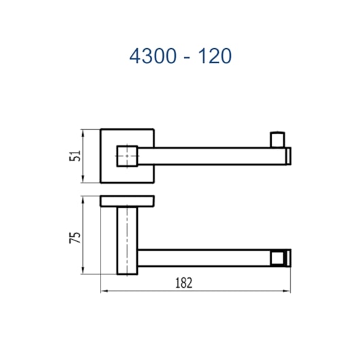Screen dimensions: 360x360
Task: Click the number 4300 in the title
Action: [153, 56]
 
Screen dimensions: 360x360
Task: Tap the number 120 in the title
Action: [215, 56]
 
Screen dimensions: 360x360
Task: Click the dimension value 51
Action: [75, 156]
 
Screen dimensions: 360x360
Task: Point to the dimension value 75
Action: [75, 238]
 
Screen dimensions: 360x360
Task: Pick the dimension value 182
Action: [183, 283]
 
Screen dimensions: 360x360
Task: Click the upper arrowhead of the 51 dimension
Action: [83, 133]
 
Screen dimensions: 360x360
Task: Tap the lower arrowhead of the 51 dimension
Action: [83, 179]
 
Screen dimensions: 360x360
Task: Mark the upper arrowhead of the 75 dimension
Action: [83, 200]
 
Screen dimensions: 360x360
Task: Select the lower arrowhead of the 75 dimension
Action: [83, 270]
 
